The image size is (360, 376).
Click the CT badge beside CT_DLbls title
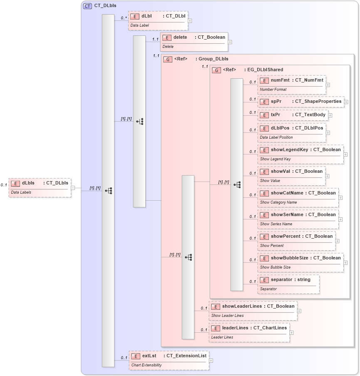(87, 6)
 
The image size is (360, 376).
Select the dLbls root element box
(40, 187)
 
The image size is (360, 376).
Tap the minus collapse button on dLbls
(73, 188)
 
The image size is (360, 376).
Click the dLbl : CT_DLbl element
(158, 20)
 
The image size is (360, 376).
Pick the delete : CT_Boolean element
(194, 41)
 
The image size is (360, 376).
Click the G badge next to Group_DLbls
(168, 59)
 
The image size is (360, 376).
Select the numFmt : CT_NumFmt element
(291, 84)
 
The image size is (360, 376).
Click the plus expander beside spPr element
(346, 102)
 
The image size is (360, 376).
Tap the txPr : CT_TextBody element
(293, 115)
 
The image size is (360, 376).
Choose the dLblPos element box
(291, 132)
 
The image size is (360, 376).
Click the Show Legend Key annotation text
(275, 159)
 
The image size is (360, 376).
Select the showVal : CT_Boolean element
(291, 175)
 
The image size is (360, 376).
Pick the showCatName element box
(298, 197)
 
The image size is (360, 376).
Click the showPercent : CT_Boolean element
(296, 240)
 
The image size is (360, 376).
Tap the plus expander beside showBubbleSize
(345, 263)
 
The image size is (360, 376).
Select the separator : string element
(289, 284)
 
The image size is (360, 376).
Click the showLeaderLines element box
(253, 310)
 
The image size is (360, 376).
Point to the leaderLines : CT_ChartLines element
(249, 332)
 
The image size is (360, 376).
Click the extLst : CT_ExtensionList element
(169, 360)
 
